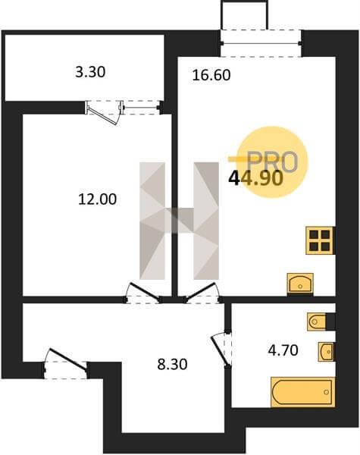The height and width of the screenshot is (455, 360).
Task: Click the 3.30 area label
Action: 90,72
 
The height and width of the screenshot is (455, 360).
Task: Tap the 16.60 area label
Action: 211,75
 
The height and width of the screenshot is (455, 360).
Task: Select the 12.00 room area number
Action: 98,199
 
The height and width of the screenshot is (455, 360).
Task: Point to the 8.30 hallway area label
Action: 172,364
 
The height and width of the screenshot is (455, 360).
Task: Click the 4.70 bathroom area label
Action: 283,350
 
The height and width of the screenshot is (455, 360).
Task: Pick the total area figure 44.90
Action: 255,178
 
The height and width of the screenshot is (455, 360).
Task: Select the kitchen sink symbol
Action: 300,284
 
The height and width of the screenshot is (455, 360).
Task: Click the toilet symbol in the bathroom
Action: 317,322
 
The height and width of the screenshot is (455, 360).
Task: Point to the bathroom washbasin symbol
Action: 326,352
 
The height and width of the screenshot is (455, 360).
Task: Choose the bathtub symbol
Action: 303,392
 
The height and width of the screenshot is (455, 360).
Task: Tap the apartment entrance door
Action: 67,362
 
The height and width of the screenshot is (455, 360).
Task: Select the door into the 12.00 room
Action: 143,293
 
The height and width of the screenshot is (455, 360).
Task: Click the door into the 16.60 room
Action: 202,293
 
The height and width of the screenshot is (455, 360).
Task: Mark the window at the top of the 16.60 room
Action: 261,43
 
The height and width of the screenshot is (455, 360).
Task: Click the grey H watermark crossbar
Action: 179,220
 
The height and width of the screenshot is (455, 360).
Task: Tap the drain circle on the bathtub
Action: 327,392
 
